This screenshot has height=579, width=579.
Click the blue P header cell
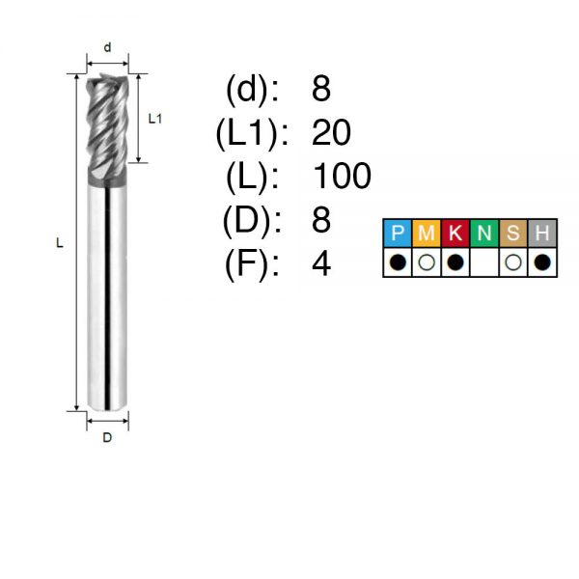(398, 233)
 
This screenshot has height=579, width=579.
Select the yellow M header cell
(427, 233)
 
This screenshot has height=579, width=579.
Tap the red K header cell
(455, 233)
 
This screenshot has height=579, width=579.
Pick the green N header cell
(484, 233)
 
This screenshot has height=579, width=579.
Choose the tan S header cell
(513, 233)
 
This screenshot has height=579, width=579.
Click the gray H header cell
(542, 233)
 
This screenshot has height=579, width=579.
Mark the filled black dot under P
(398, 262)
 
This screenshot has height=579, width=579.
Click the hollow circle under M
(427, 262)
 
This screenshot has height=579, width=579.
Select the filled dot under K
(455, 262)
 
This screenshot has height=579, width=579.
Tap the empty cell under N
(484, 262)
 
